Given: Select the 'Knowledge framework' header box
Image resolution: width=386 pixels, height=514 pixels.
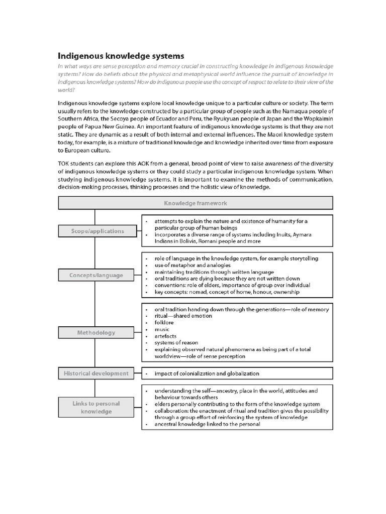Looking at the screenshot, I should click(x=196, y=203).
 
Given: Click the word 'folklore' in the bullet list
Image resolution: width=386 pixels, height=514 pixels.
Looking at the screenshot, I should click(x=164, y=322).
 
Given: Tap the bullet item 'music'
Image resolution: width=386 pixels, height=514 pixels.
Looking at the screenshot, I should click(x=162, y=329).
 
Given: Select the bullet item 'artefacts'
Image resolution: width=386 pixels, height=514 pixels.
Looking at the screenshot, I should click(x=165, y=336).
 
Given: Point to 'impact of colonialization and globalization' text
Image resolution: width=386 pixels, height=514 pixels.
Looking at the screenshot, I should click(x=207, y=373).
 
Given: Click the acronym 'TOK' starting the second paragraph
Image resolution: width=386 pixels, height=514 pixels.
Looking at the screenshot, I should click(x=65, y=164).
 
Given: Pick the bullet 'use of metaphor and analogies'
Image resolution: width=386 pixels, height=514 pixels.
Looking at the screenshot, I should click(x=192, y=265).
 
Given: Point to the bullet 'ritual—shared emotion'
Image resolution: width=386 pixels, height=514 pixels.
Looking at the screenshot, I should click(x=183, y=316).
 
